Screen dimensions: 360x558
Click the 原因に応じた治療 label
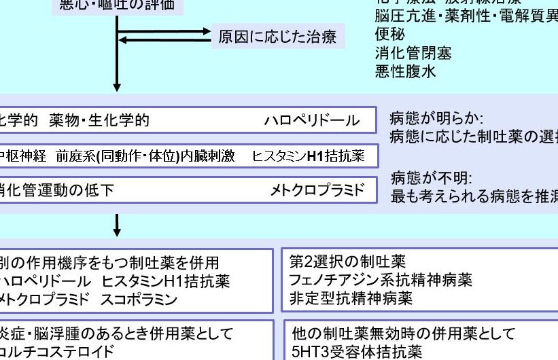point(277,36)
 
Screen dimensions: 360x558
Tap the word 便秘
point(390,35)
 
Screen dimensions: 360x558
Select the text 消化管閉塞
point(413,52)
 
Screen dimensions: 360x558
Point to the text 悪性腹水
point(406,70)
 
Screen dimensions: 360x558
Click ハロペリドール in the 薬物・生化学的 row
point(311,121)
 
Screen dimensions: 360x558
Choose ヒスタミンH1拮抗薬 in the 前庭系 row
point(308,156)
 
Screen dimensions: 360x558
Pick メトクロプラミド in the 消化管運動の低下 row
point(317,190)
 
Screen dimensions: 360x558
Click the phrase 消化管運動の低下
point(56,190)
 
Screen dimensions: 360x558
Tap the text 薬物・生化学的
point(99,121)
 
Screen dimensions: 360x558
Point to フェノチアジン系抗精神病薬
point(381,280)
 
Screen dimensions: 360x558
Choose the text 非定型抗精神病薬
point(351,298)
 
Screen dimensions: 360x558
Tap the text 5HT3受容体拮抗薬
point(357,352)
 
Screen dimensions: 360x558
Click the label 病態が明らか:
point(436,118)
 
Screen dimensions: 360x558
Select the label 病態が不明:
point(431,179)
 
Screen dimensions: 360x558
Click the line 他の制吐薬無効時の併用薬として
point(404,334)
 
